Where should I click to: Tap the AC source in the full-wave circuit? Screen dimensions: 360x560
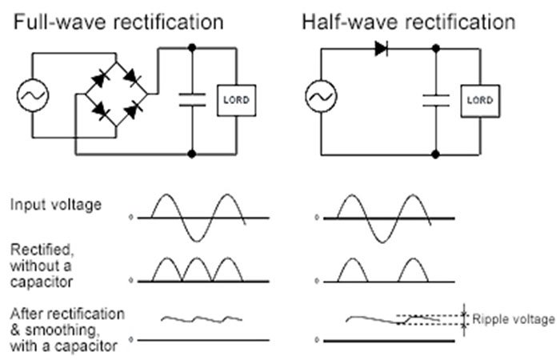tap(33, 96)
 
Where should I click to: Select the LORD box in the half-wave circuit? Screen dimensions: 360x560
tap(479, 100)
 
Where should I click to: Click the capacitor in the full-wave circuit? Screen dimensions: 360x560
tap(192, 100)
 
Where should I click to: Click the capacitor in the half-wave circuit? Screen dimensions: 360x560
tap(436, 100)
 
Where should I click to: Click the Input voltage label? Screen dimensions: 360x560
tap(56, 205)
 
